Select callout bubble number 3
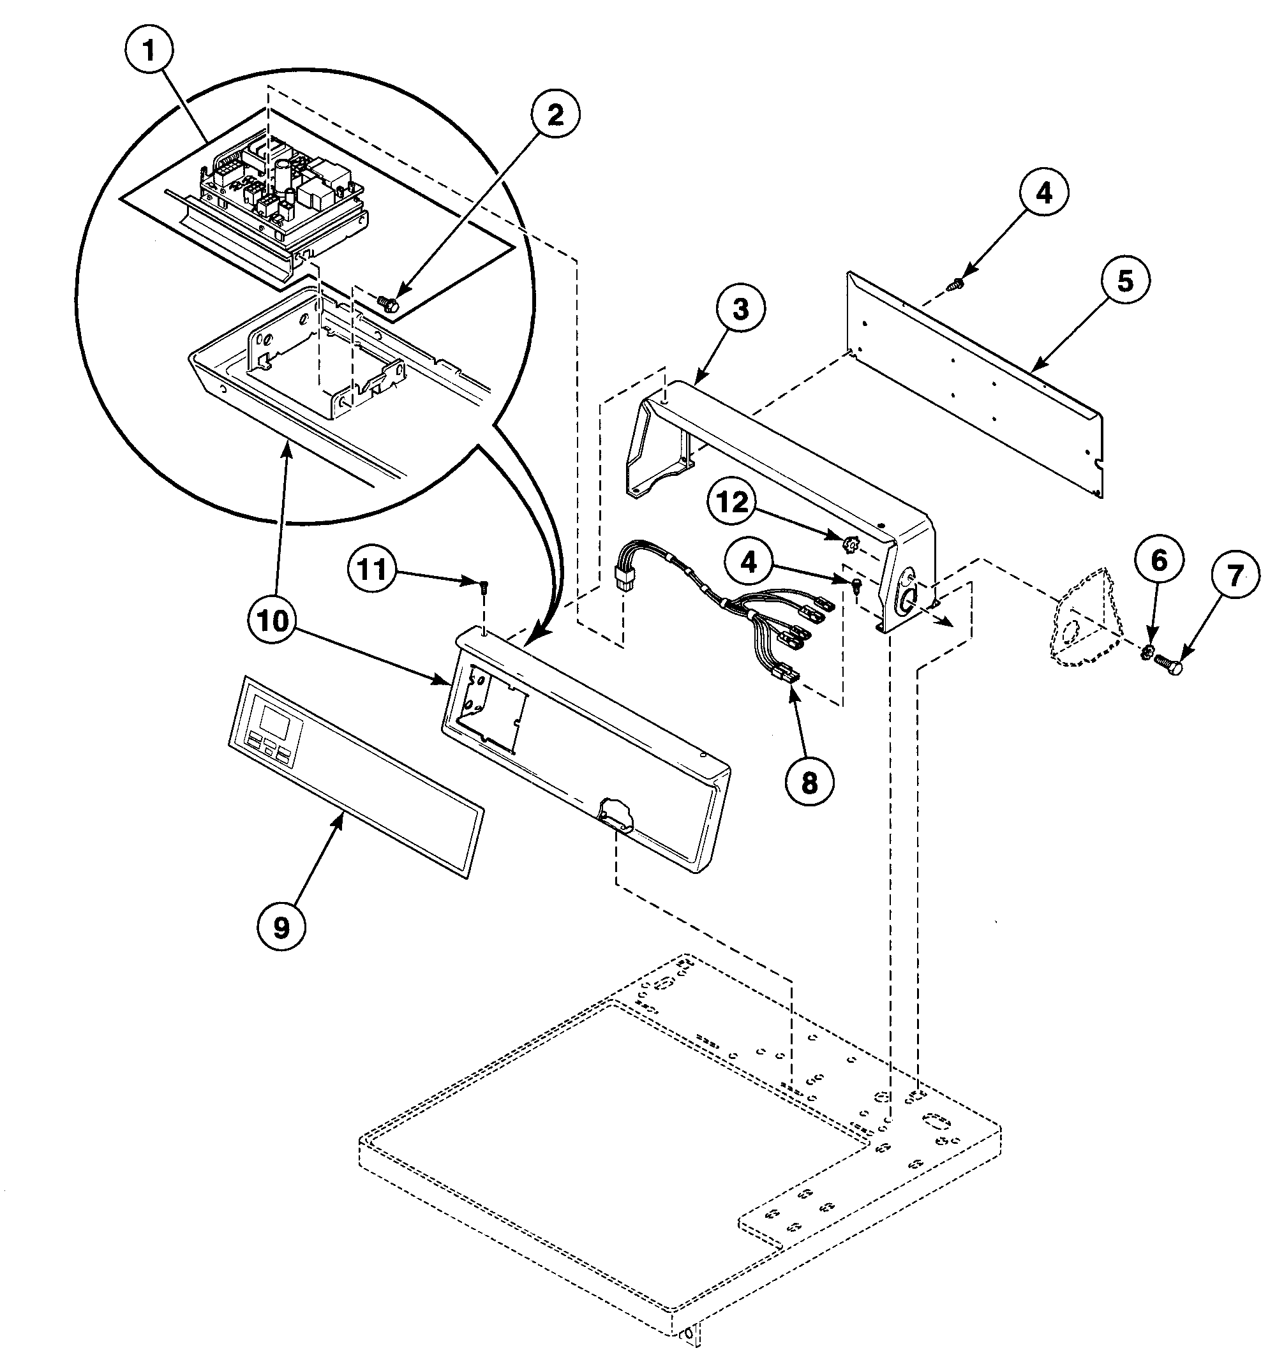[740, 310]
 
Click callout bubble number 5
[1124, 281]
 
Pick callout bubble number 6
[1160, 561]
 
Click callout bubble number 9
[281, 928]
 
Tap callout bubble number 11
[373, 571]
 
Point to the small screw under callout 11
[483, 586]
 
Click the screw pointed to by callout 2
[385, 302]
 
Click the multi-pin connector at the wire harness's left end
[625, 580]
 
